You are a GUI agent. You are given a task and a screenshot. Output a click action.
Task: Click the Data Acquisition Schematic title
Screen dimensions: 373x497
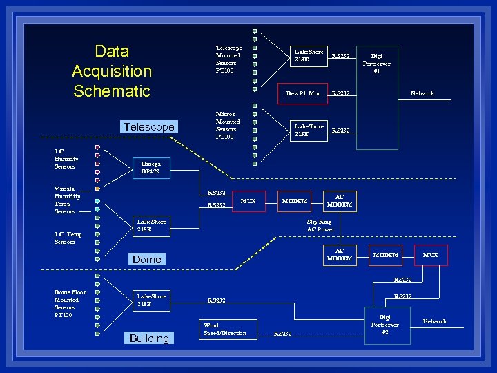[x=111, y=71]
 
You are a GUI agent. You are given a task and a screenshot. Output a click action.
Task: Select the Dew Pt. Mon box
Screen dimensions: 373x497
[x=302, y=93]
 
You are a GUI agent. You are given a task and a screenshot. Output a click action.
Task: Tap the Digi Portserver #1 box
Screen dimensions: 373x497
[x=376, y=64]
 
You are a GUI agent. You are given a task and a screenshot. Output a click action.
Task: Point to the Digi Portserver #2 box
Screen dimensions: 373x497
[x=384, y=324]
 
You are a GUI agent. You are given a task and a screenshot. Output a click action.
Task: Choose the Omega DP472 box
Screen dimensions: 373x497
[x=150, y=168]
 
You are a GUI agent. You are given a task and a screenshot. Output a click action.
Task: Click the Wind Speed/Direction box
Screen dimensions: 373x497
[x=226, y=329]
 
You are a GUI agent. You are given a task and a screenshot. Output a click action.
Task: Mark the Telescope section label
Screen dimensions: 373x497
[x=148, y=126]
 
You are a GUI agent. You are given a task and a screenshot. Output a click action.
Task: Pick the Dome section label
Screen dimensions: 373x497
[x=146, y=260]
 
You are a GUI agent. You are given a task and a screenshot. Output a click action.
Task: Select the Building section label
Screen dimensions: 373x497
[x=149, y=338]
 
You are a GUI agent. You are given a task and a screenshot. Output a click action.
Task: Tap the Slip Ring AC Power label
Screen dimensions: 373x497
[x=320, y=226]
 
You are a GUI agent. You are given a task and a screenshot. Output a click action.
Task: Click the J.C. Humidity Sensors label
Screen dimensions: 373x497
[x=66, y=159]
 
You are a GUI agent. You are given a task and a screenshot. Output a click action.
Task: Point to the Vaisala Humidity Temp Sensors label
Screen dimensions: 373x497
[x=67, y=200]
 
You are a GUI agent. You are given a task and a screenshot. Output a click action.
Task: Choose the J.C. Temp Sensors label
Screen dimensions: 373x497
[x=68, y=238]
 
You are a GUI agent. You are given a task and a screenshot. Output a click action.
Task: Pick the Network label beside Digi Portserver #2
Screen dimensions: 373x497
[x=434, y=321]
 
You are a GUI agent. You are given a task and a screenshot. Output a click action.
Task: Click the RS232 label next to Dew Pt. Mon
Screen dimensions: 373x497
[x=340, y=93]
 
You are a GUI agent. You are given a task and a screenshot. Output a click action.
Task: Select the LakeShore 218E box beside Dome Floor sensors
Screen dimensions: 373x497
[x=151, y=300]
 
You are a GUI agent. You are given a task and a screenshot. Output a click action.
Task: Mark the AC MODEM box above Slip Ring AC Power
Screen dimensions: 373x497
[x=339, y=201]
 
